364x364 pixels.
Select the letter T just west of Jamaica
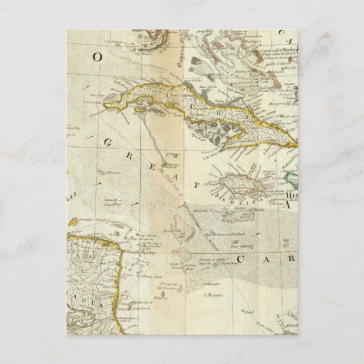[x=196, y=184]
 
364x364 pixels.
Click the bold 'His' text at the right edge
[x=293, y=193]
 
